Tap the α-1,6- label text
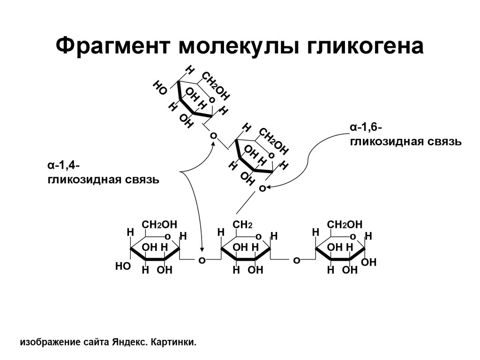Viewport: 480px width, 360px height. (x=366, y=127)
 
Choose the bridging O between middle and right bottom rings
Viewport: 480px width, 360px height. (x=296, y=260)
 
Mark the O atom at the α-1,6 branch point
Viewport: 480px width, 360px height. (x=262, y=188)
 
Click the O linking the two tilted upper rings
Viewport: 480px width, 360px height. (x=213, y=136)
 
